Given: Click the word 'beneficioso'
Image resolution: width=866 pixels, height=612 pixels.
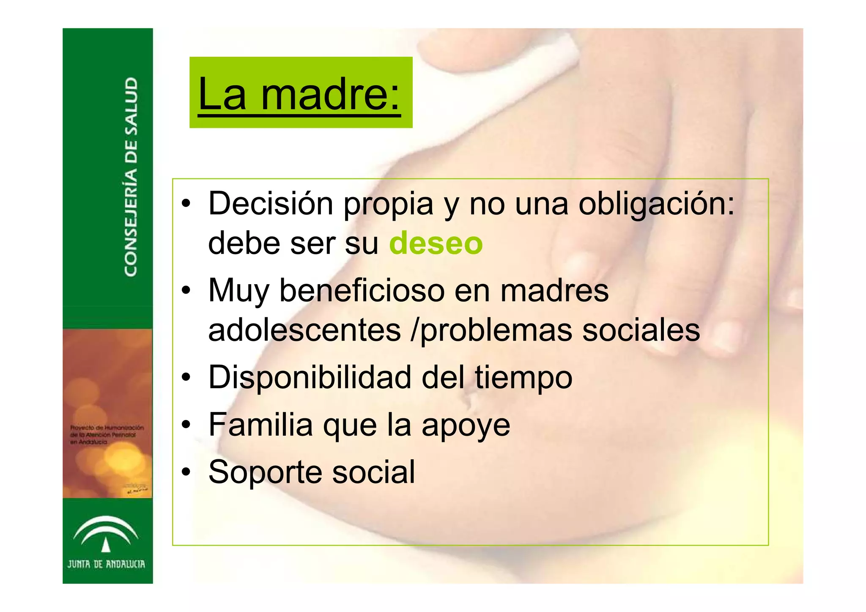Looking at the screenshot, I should (362, 290).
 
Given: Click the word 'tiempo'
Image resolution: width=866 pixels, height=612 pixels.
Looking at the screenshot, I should (523, 378).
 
